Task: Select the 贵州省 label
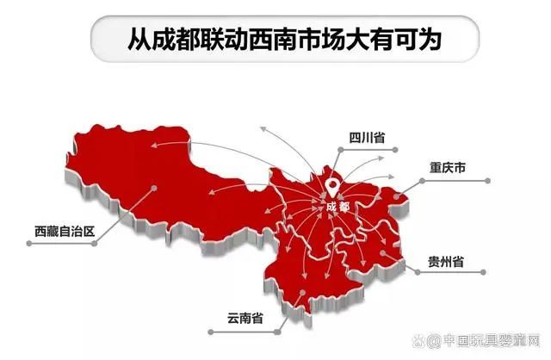[446, 261]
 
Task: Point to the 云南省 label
[245, 319]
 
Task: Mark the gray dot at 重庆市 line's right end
[488, 180]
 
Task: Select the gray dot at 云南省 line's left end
[209, 330]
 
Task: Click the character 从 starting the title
[136, 38]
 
